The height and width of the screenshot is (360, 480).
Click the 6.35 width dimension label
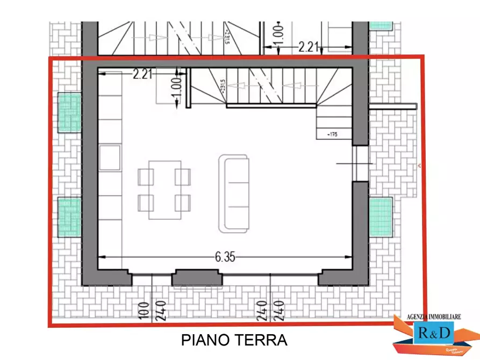225,257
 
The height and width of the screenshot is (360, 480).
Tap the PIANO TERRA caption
234,340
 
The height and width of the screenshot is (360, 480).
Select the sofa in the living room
234,193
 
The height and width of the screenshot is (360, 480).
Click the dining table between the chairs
164,190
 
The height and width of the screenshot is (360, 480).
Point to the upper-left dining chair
146,177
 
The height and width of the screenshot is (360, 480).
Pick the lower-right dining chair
183,203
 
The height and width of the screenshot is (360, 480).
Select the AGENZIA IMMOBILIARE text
435,318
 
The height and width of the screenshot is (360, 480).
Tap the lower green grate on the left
69,217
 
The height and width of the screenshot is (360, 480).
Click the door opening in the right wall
361,163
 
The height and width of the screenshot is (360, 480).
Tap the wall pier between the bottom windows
196,278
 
